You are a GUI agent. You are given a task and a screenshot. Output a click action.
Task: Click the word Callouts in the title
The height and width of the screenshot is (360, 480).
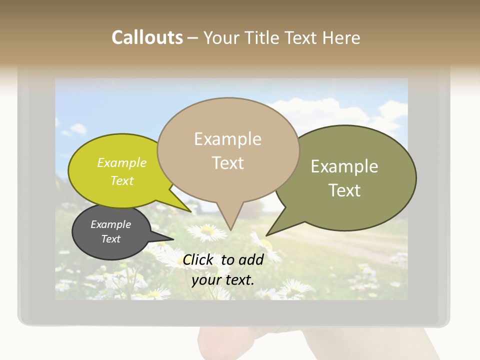pos(147,37)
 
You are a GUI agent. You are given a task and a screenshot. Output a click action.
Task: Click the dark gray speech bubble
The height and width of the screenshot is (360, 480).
pos(111,232)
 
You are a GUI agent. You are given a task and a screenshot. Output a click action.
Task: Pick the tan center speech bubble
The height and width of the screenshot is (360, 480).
pos(227,150)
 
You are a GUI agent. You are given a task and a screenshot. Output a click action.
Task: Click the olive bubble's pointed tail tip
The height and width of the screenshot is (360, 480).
pos(266,235)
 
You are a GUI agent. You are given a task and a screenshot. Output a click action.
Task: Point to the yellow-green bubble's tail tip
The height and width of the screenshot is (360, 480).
pos(190,211)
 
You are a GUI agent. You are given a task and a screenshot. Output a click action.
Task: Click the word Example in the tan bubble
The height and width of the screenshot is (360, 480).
pos(227,139)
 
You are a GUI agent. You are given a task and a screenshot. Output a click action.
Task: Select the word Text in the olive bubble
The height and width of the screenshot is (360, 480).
pos(344,190)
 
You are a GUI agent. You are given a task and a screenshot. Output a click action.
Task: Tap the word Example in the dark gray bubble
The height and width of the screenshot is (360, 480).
pos(111,224)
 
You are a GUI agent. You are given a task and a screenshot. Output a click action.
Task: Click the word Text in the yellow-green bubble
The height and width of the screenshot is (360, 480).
pos(122,180)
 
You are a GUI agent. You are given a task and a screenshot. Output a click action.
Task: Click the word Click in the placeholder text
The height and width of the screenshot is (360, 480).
pos(198,259)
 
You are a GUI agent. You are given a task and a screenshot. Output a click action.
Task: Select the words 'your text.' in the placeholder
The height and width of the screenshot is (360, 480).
pos(223,280)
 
